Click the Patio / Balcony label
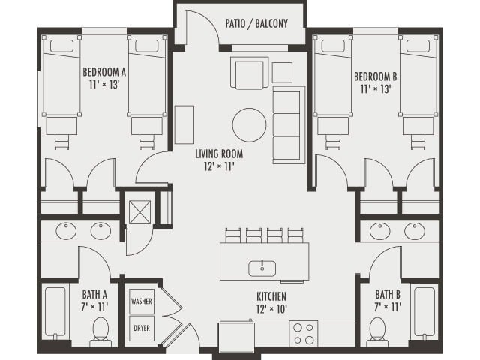256,23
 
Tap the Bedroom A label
103,79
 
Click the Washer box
142,301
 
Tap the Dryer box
142,328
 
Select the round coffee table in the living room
249,125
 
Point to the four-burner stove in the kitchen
304,332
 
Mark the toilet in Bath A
100,331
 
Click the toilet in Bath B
377,331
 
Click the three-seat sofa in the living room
288,124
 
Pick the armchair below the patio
249,73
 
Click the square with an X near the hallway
139,212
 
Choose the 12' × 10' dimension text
271,308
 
